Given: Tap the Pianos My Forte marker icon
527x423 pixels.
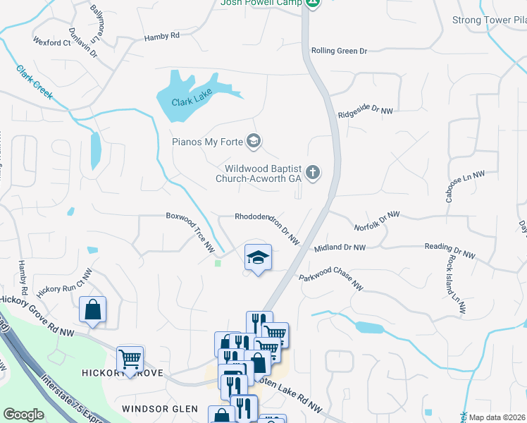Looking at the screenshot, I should pos(254,142).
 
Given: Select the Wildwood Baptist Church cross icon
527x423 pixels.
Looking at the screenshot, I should pos(314,173).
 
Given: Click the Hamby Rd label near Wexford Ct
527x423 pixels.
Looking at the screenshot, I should pos(162,36).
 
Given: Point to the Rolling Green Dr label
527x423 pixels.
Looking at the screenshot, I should pos(340,51).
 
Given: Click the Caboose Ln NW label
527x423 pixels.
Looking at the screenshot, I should pos(465,187).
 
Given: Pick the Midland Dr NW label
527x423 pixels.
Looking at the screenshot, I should pos(340,247).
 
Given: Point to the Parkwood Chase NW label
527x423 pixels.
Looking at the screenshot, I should pos(331,281).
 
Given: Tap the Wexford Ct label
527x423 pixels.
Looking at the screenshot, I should pos(51,42).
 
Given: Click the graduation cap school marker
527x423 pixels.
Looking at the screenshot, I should pos(258,257).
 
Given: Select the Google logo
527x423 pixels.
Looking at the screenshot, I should pos(23,415).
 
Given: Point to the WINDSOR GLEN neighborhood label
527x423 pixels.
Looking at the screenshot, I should pos(155,409).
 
